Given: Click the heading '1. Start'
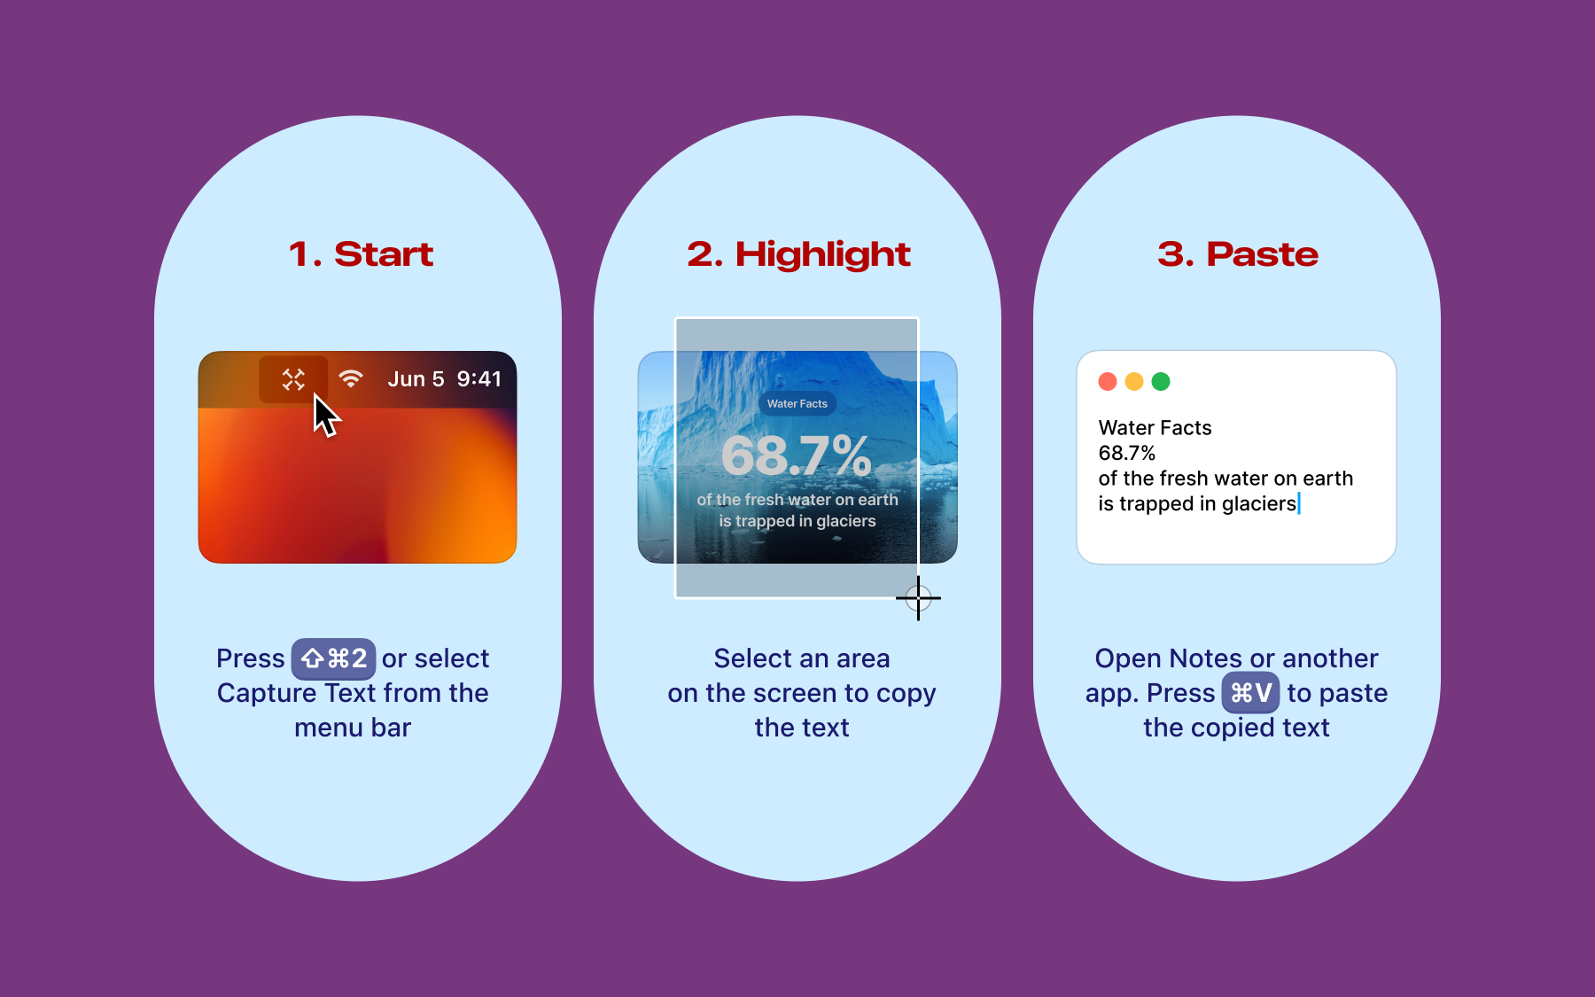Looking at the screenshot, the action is (x=361, y=254).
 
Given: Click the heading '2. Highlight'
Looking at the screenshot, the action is (x=798, y=255).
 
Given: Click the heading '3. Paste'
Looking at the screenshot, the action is (x=1238, y=254).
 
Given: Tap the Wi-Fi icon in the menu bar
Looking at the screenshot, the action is (x=351, y=379).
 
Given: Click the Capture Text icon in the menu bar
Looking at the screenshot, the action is (x=293, y=379).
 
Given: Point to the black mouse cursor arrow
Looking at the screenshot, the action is (x=324, y=415).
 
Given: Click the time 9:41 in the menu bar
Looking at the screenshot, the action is (x=479, y=379).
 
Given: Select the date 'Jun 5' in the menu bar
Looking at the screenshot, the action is (x=416, y=379).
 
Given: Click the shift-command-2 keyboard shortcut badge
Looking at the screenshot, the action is (x=333, y=658).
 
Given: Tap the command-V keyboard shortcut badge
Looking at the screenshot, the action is (x=1250, y=693).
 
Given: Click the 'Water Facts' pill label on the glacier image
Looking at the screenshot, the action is (x=797, y=404).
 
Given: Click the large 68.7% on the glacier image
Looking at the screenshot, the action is (x=797, y=456).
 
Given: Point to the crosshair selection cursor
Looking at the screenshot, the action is (x=918, y=598).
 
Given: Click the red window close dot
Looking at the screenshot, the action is (x=1108, y=382).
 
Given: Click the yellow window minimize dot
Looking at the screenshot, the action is (x=1134, y=382).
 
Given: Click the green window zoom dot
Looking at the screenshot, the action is (x=1161, y=382).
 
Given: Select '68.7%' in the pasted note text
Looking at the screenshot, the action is (x=1127, y=453).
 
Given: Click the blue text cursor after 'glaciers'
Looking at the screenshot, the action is (x=1299, y=503).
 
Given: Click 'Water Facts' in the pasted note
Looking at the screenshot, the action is (x=1155, y=428).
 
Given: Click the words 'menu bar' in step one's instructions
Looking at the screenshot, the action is (x=353, y=728).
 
